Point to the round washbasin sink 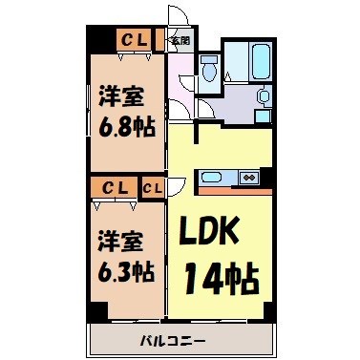pos(264,96)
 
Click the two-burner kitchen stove pos(248,177)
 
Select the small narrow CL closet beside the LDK pos(153,187)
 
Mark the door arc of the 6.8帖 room pos(176,105)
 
